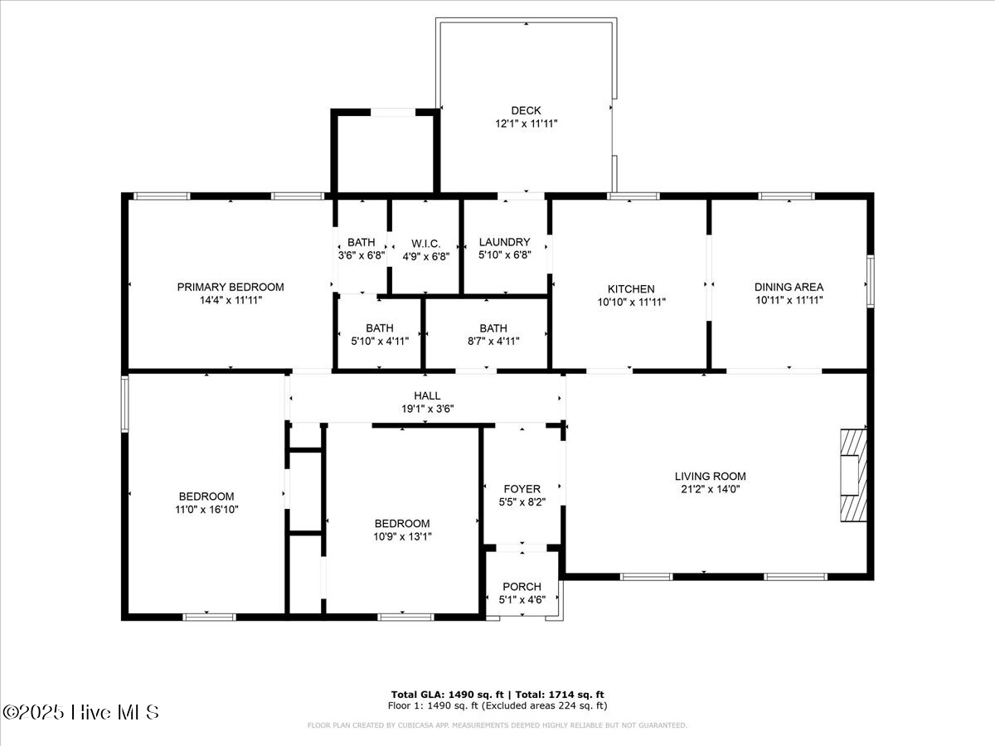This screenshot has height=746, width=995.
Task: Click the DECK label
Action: tap(526, 110)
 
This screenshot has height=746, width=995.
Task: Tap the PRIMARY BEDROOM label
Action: tap(231, 287)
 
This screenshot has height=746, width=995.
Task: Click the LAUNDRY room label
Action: tap(504, 242)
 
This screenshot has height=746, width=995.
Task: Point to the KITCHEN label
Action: tap(632, 288)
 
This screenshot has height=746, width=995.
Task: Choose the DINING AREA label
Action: tap(789, 287)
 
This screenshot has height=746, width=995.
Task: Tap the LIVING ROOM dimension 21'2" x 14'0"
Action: tap(710, 489)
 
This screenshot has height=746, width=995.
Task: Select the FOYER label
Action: tap(522, 489)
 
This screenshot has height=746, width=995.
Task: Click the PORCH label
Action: tap(522, 586)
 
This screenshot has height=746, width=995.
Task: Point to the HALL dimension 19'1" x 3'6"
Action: tap(428, 408)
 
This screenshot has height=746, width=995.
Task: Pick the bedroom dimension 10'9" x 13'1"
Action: tap(402, 536)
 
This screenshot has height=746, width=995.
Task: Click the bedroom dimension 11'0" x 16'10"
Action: tap(207, 510)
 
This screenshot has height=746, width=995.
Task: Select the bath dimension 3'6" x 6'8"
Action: tap(362, 255)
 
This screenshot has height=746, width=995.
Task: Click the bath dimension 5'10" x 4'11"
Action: tap(380, 340)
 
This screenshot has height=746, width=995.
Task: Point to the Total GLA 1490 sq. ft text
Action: tap(442, 694)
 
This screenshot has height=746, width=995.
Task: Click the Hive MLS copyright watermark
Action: tap(80, 711)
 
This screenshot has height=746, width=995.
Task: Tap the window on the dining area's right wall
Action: tap(870, 281)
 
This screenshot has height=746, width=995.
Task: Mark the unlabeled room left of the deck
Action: tap(385, 154)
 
